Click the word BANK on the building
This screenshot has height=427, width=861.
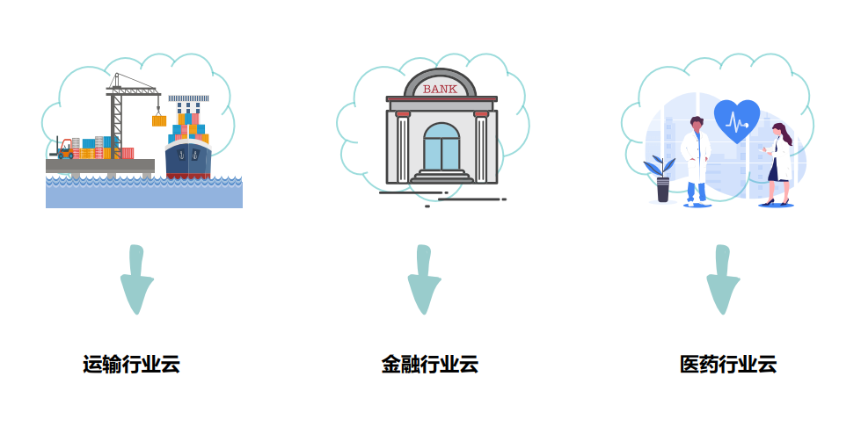click(441, 89)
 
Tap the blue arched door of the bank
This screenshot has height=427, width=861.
click(441, 148)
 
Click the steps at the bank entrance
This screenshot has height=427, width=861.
click(441, 177)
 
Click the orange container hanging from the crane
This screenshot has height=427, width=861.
click(159, 121)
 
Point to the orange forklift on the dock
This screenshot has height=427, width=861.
click(64, 149)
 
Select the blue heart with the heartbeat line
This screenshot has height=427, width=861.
click(737, 120)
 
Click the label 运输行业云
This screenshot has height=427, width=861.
click(131, 365)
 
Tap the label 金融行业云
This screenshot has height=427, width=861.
click(429, 365)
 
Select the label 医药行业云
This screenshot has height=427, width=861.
click(728, 365)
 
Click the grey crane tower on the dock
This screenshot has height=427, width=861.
click(116, 123)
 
